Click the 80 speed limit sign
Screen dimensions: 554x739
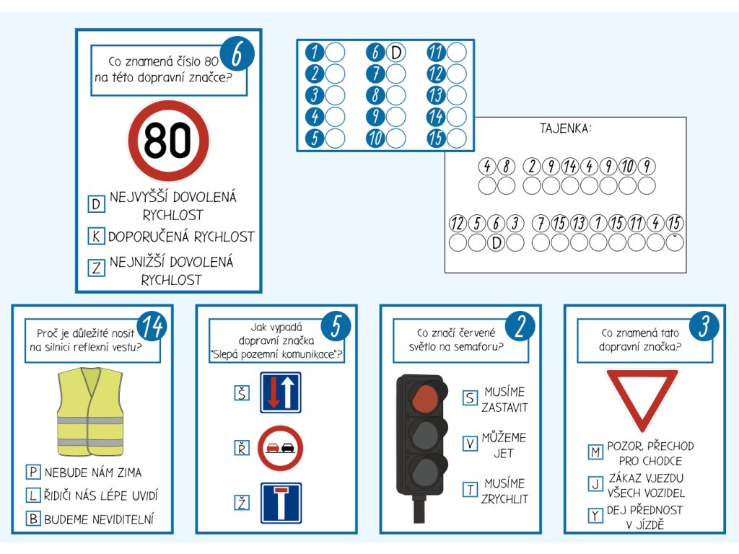click(x=168, y=141)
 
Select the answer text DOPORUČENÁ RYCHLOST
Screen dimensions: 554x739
click(x=181, y=237)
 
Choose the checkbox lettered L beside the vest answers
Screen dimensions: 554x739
click(x=32, y=496)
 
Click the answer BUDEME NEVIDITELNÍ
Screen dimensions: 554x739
click(x=99, y=518)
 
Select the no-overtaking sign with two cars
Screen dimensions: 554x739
click(x=280, y=448)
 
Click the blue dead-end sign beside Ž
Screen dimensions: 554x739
click(x=281, y=502)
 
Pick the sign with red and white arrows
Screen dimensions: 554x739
click(x=280, y=393)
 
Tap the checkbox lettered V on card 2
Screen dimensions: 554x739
click(x=471, y=444)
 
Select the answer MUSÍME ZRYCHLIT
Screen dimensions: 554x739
click(x=505, y=491)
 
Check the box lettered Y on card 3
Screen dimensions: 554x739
click(x=595, y=516)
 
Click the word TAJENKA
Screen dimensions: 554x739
click(x=566, y=129)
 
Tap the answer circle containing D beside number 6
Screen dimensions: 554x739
click(x=395, y=53)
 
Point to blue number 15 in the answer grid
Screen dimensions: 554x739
click(x=436, y=138)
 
